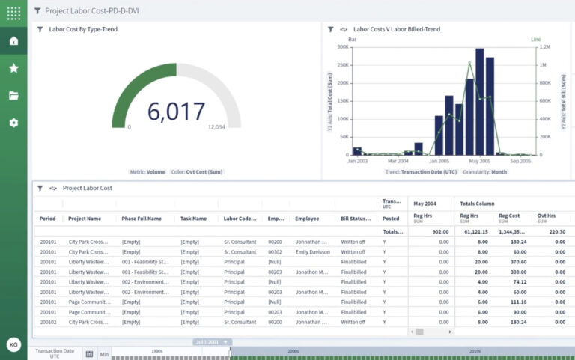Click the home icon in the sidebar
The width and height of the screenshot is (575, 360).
coord(13,40)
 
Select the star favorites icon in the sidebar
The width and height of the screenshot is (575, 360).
coord(13,68)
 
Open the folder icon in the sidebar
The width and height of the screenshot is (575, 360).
coord(13,95)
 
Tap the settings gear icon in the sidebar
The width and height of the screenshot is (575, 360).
coord(13,122)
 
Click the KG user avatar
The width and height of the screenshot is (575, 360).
coord(13,344)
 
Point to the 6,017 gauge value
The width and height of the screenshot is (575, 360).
coord(176,112)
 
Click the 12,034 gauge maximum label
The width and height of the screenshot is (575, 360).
coord(216,127)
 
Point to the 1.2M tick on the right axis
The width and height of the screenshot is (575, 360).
coord(546,46)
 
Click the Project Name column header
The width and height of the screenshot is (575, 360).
coord(84,219)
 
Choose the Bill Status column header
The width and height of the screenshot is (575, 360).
coord(356,219)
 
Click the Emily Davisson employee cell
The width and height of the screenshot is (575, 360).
coord(313,252)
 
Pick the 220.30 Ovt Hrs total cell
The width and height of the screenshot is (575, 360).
coord(553,232)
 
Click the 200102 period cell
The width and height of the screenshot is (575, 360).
coord(47,322)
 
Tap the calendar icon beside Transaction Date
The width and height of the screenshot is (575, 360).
coord(89,354)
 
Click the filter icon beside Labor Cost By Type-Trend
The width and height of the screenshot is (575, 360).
coord(40,29)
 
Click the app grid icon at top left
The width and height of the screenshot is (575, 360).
coord(13,13)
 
